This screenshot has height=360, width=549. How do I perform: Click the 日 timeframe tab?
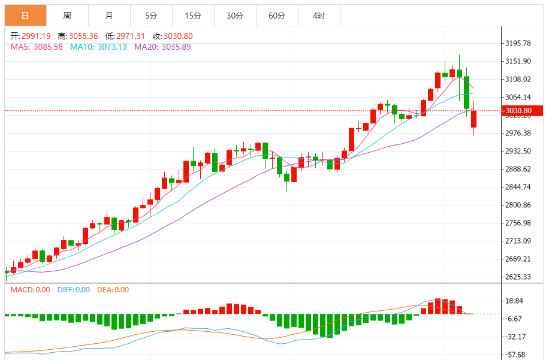click(25, 16)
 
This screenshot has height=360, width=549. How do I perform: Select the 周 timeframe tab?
click(67, 16)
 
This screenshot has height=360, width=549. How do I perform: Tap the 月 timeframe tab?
click(108, 16)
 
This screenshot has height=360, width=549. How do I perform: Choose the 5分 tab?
click(150, 16)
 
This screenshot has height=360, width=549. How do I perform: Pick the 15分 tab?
click(192, 16)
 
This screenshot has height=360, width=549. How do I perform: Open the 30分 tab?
click(234, 16)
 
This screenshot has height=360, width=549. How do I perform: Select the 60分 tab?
click(276, 16)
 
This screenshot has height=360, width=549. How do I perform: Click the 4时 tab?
click(318, 16)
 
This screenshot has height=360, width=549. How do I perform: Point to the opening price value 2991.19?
click(37, 36)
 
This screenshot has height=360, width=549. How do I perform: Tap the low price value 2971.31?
click(132, 36)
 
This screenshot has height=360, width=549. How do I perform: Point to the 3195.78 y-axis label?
click(519, 43)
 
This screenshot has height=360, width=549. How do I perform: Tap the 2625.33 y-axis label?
click(519, 277)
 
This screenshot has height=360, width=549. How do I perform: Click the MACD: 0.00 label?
click(31, 290)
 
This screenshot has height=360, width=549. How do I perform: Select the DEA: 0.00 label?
click(113, 290)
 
